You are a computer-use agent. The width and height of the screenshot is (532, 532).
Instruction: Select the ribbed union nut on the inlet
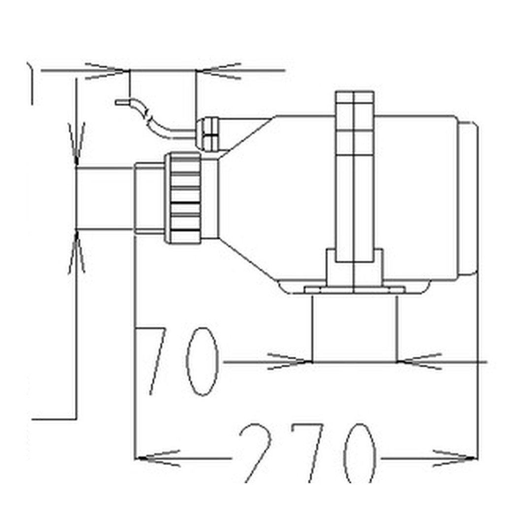(x=183, y=198)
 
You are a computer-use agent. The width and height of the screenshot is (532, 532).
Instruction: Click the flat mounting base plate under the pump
(x=355, y=290)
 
